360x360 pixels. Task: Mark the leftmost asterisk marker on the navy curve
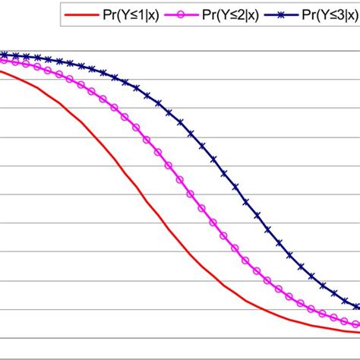(3, 55)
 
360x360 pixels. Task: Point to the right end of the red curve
(359, 330)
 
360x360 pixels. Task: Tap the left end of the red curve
(1, 71)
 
